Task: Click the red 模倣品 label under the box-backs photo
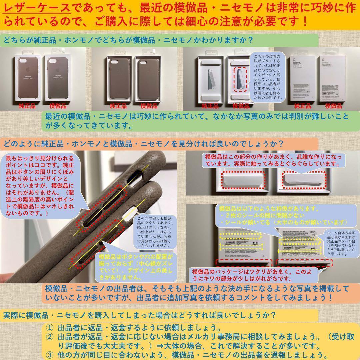[333, 106]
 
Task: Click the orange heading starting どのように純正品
[143, 144]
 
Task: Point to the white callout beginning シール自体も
[341, 243]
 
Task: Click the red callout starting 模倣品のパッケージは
[252, 274]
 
